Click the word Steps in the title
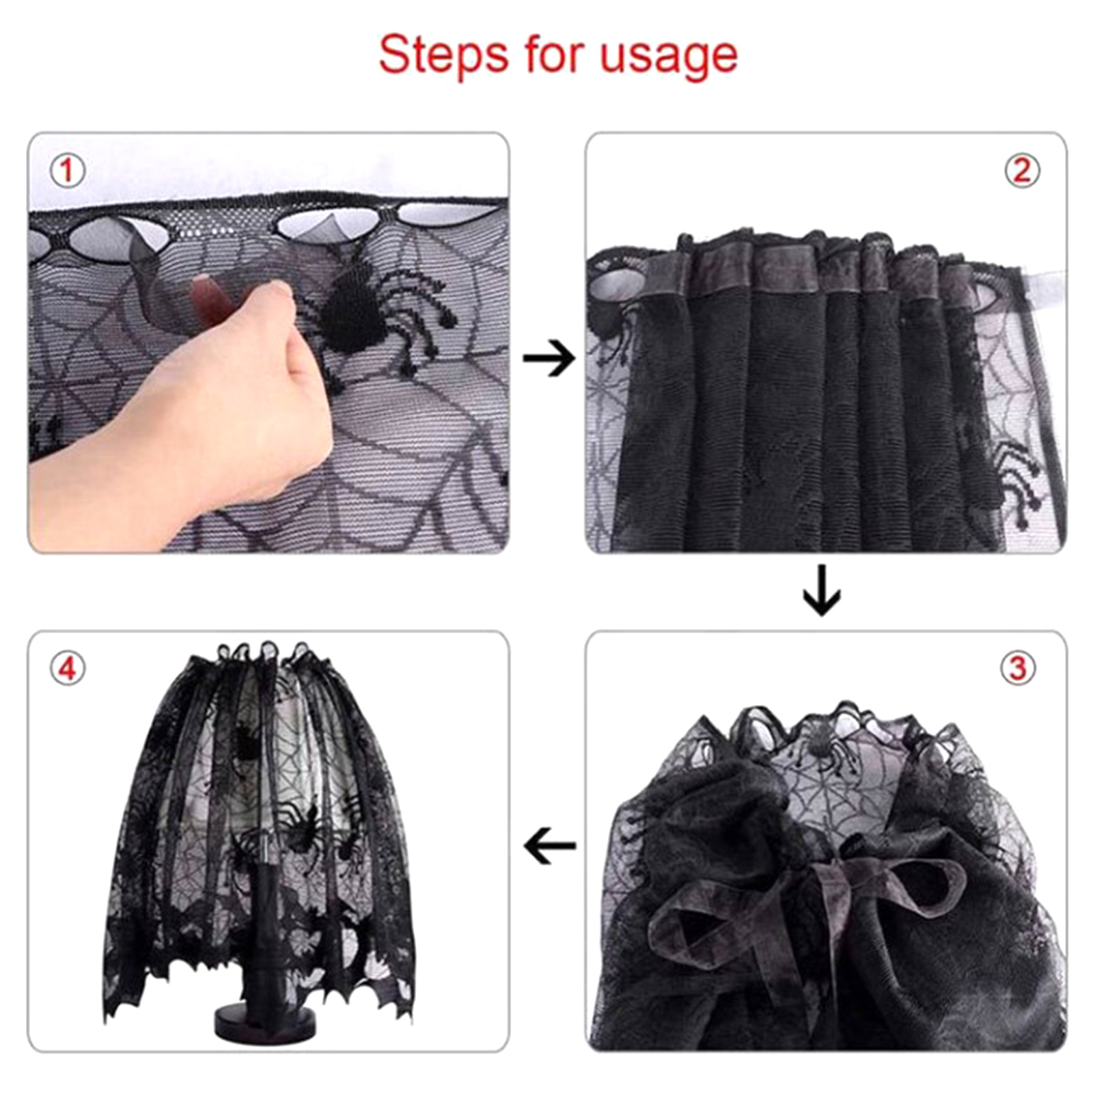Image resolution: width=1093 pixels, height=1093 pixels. tap(443, 55)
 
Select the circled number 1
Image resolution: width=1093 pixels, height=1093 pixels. tap(68, 170)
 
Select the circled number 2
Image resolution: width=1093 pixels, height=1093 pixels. tap(1021, 170)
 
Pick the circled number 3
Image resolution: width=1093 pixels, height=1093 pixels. tap(1018, 667)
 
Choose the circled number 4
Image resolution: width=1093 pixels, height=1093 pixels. tap(68, 668)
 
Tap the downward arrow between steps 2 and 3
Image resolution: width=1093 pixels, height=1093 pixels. tap(822, 590)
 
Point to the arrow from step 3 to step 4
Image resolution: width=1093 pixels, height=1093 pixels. tap(549, 846)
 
